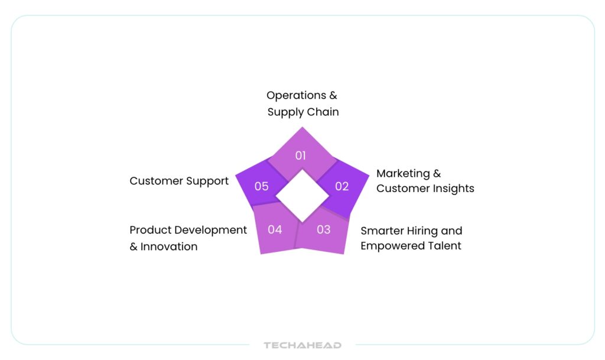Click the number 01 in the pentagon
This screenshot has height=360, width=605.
coord(300,155)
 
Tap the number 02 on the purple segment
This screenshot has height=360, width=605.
coord(342,186)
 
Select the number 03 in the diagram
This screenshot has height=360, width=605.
coord(323,229)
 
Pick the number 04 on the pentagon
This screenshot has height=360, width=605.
coord(275,229)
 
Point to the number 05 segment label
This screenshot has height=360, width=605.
coord(261,186)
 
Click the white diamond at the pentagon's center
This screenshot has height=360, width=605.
coord(302,196)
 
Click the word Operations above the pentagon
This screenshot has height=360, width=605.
coord(297,96)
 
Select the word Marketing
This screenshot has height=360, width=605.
coord(403,174)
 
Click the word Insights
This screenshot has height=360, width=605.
coord(453,189)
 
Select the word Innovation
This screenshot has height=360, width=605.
coord(169,247)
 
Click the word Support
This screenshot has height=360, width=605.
coord(207,181)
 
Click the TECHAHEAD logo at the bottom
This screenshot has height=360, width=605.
coord(302,345)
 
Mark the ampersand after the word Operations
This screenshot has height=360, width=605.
coord(333,95)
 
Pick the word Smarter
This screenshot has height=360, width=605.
coord(382,231)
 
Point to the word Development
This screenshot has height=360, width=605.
coord(211,231)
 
